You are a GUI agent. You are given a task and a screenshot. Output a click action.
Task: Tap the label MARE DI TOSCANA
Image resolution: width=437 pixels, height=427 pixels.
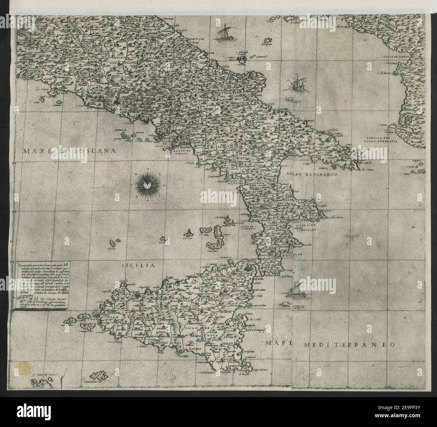pos(69,151)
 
